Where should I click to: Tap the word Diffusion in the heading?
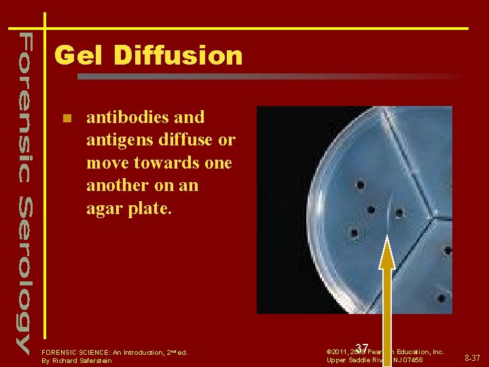point(177,55)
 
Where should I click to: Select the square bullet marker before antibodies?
point(66,118)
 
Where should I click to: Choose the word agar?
point(107,208)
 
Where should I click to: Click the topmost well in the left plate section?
point(361,185)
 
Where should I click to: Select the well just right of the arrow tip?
point(399,213)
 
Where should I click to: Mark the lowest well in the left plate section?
point(354,233)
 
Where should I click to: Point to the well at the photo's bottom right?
point(441,298)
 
